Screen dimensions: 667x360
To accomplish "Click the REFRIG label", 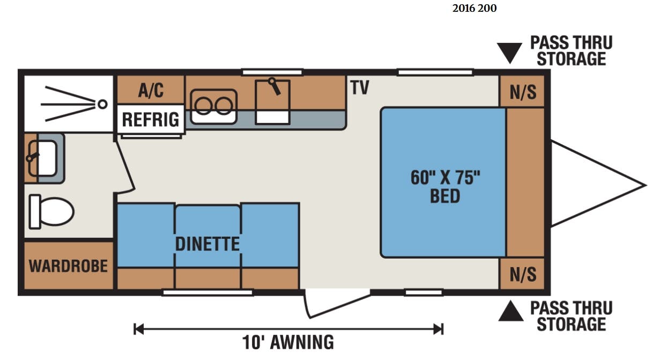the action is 151,119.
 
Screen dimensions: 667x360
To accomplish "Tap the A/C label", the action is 151,90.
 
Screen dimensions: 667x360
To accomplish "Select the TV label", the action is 360,87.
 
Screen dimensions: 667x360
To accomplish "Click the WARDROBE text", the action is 68,266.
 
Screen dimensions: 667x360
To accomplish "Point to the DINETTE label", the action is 207,244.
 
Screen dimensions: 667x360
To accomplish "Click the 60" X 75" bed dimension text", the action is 446,178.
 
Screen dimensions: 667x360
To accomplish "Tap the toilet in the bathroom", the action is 51,211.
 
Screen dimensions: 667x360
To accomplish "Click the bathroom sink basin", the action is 42,159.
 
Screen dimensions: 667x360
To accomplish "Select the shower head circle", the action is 103,104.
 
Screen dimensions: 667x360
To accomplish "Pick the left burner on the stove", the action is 204,106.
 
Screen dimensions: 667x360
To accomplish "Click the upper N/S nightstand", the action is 523,92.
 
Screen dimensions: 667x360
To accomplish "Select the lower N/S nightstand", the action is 523,274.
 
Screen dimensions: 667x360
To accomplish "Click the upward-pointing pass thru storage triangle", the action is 511,311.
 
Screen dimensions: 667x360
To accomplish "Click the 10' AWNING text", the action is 288,342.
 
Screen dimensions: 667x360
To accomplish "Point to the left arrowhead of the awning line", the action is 138,329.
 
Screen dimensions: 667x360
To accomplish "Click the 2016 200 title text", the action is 475,9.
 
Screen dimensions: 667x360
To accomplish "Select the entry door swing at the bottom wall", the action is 337,304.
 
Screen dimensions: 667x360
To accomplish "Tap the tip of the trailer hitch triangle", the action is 646,185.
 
